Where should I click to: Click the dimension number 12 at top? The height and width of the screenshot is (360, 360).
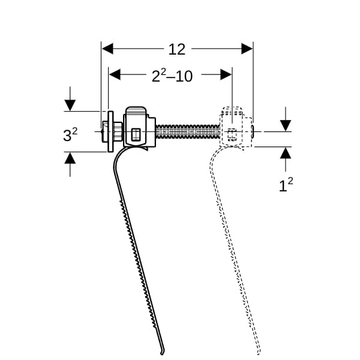point(176,49)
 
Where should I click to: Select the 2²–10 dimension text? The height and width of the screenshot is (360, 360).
point(172,76)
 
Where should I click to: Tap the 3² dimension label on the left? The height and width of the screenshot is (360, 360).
point(70,134)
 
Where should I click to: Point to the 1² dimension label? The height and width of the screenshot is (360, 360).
point(286,185)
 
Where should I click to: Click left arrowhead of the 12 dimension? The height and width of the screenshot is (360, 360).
point(107,49)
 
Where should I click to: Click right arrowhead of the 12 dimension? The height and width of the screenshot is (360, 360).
point(247,49)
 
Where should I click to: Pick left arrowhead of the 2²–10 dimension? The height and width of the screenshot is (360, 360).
point(115,74)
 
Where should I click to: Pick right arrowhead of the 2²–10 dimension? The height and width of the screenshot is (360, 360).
point(226,74)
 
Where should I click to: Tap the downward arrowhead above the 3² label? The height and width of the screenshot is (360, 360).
point(70,106)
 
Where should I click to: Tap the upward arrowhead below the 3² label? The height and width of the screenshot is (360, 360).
point(70,158)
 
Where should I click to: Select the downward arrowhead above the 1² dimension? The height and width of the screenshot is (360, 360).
point(286,125)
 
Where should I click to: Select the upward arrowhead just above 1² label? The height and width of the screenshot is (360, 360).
point(286,153)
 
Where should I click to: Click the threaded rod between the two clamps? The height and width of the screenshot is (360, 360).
point(188,132)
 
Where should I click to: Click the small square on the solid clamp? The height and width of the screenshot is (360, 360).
point(136,134)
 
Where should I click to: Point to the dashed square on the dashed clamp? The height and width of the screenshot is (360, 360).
point(232,135)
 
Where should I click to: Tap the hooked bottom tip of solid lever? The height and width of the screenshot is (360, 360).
point(162,353)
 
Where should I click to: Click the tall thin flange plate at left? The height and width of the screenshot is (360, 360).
point(110,131)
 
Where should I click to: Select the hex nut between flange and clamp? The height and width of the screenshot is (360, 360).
point(118,131)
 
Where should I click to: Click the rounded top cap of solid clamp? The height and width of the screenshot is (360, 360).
point(136,110)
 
